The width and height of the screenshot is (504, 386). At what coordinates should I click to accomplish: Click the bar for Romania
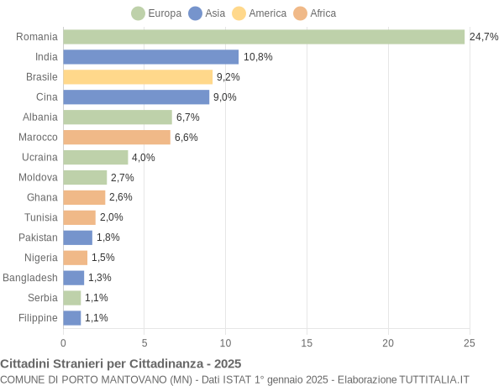(264, 37)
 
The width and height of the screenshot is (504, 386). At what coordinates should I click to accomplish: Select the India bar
(151, 57)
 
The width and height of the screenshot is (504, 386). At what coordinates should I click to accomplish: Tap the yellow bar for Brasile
(138, 77)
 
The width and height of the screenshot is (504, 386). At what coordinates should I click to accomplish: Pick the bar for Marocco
(117, 137)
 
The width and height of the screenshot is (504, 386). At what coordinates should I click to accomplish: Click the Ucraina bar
(96, 157)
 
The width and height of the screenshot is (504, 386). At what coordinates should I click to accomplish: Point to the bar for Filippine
(72, 318)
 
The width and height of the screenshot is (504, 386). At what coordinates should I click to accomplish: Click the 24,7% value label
(484, 37)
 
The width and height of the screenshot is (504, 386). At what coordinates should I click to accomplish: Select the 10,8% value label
(258, 57)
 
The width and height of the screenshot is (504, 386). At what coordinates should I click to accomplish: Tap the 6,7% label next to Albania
(188, 117)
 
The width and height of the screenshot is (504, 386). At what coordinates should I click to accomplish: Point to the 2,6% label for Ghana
(121, 197)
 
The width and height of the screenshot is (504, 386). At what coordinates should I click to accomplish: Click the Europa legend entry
(157, 13)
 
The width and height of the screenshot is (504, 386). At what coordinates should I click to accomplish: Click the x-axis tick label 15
(307, 342)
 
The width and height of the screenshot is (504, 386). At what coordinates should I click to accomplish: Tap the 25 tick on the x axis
(470, 342)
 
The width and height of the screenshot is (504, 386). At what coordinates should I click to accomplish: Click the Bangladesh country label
(30, 278)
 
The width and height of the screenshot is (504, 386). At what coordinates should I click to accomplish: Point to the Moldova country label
(38, 177)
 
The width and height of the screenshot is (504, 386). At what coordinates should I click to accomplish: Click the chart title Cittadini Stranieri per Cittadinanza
(121, 363)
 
